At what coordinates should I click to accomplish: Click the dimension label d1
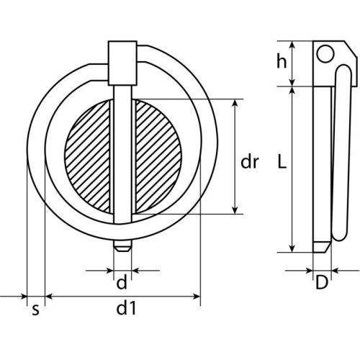tap(126, 310)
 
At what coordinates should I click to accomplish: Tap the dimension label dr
tap(249, 162)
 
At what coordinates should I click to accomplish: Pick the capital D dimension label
tap(321, 283)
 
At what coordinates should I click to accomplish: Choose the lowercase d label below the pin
tap(122, 282)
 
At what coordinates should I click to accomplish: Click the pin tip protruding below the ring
tap(122, 246)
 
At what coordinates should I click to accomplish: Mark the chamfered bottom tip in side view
tap(321, 246)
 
